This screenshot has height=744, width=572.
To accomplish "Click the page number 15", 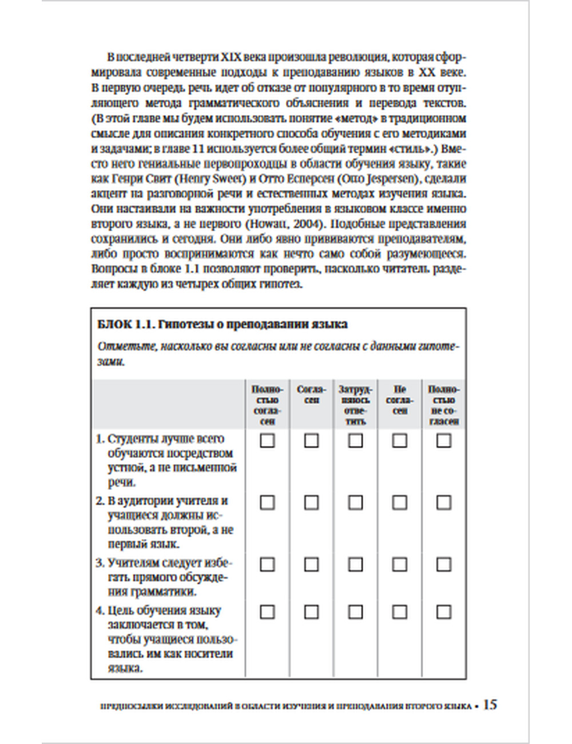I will (490, 705).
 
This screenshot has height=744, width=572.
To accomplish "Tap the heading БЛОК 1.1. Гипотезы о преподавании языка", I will (223, 324).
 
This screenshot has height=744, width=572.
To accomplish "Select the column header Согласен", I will (311, 394).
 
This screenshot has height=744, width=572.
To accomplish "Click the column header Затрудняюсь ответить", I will (355, 405).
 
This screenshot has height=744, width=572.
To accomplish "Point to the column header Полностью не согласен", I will (444, 405).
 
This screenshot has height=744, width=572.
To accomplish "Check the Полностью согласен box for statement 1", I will (267, 441).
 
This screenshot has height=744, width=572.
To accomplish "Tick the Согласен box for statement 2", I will (311, 502).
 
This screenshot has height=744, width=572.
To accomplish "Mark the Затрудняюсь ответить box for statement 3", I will (355, 564).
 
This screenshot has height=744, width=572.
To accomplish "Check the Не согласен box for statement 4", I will (399, 612).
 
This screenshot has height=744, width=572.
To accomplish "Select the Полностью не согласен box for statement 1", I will (444, 441).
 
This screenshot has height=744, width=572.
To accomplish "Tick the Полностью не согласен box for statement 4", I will (444, 612).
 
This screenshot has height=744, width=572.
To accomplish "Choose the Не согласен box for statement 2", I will (399, 502).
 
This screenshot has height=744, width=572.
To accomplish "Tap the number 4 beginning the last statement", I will (100, 611).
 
